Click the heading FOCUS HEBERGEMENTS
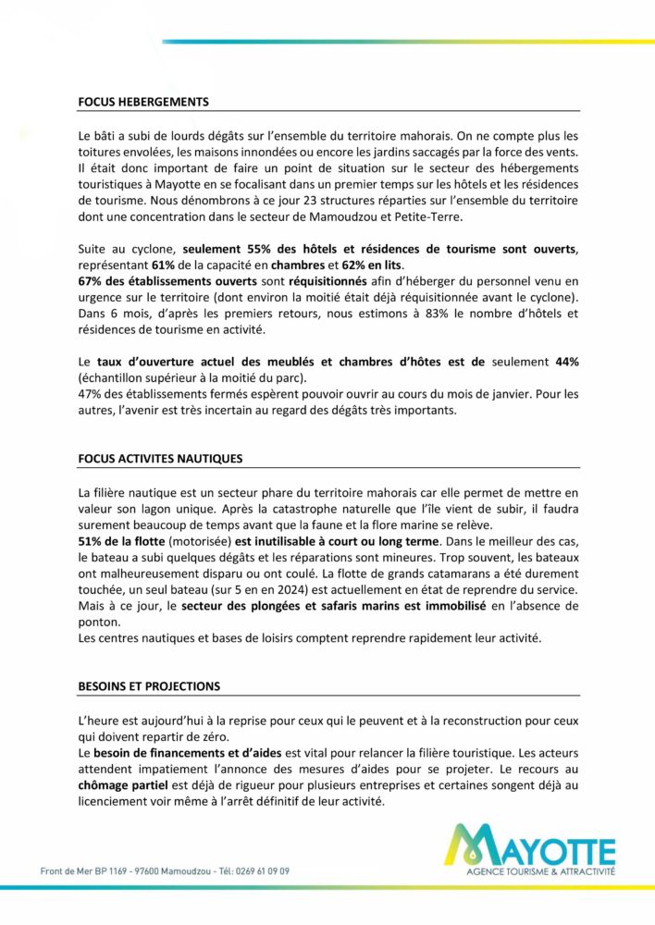coord(143,102)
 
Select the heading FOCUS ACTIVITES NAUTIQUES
coord(160,458)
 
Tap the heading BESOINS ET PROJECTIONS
coord(149,686)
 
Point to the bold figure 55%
coord(262,250)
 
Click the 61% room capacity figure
coord(167,266)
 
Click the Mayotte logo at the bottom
coord(528,850)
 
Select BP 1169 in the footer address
coord(115,871)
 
